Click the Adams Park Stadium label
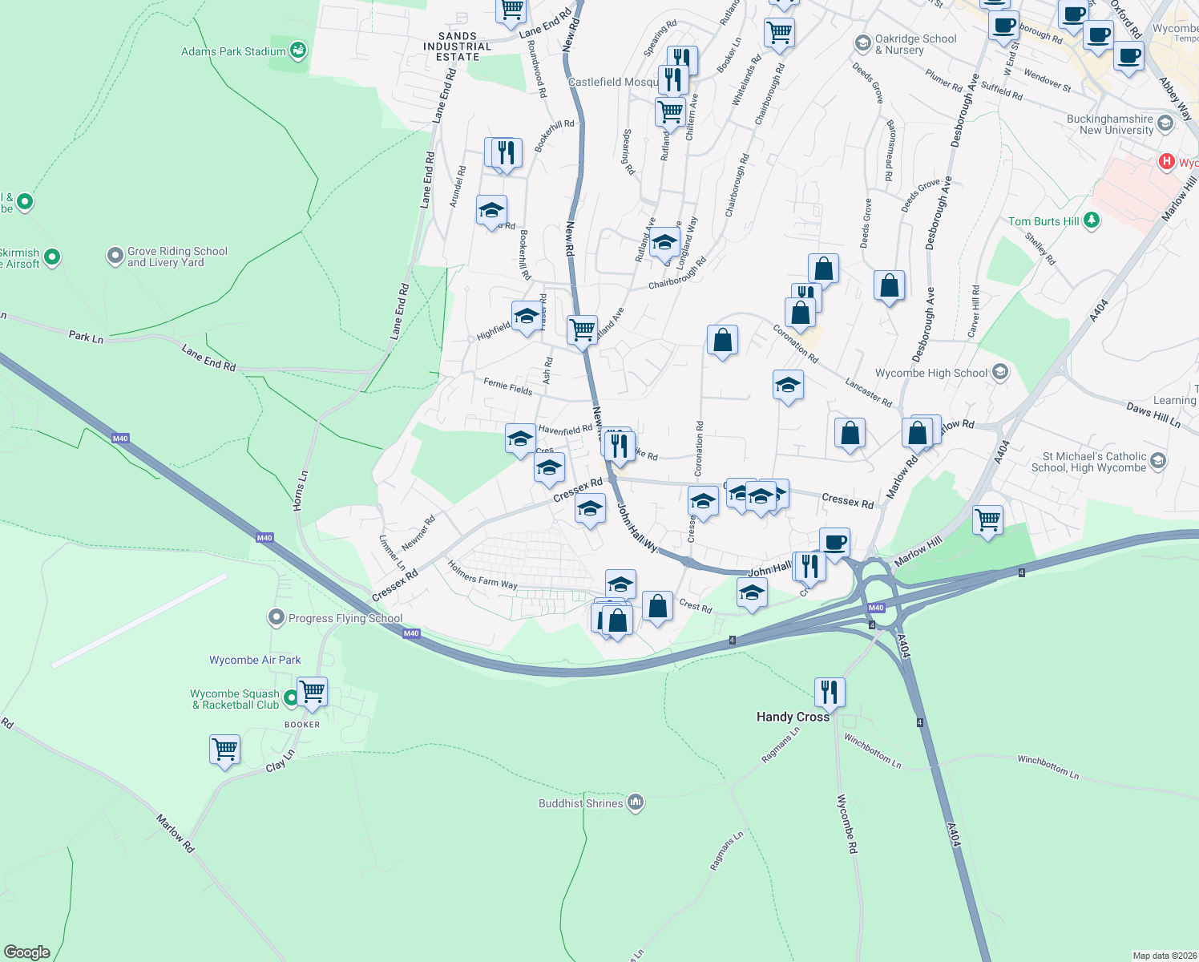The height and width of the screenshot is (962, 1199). point(233,51)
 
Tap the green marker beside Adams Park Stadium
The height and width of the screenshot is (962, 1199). point(298,51)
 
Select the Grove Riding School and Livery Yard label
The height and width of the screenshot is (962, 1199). point(177,257)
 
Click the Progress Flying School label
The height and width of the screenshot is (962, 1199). point(345,618)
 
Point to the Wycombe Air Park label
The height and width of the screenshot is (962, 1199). point(255,660)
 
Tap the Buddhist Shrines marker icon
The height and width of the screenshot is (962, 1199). point(636,803)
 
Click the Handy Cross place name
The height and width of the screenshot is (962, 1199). point(793,717)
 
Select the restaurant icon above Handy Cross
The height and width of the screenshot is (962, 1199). point(830,691)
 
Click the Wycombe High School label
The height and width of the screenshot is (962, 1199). point(931,373)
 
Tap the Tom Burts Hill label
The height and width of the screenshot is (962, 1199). point(1044,221)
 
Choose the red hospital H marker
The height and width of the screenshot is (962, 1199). point(1167,162)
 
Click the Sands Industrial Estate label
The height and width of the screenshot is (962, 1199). point(458,46)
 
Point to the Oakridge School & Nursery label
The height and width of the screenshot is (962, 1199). point(915,44)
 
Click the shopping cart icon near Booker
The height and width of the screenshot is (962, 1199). point(312,691)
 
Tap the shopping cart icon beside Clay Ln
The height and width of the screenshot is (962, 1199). point(225,749)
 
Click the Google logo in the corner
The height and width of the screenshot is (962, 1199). point(26,952)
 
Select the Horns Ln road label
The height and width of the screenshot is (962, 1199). point(300,491)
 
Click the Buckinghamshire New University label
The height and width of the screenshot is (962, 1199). point(1109,124)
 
